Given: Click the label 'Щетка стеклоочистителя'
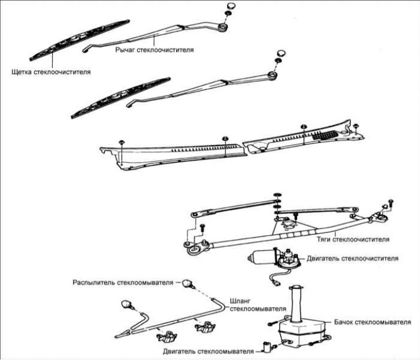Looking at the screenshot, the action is click(51, 72).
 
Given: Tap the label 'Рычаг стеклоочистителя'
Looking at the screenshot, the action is click(155, 50).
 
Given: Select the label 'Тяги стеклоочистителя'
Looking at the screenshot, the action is click(353, 239).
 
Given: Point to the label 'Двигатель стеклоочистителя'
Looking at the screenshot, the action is click(352, 259).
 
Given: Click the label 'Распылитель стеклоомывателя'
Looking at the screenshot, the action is click(123, 283).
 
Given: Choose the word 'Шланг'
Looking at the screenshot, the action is click(240, 301).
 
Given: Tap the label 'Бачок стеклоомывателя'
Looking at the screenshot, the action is click(372, 322).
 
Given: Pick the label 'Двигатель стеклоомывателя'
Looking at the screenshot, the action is click(208, 351).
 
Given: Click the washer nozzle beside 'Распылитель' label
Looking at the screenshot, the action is click(187, 283).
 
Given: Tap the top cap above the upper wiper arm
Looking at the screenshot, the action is click(231, 6).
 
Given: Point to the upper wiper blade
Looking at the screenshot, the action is click(79, 39).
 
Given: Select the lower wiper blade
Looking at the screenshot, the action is click(120, 98).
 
